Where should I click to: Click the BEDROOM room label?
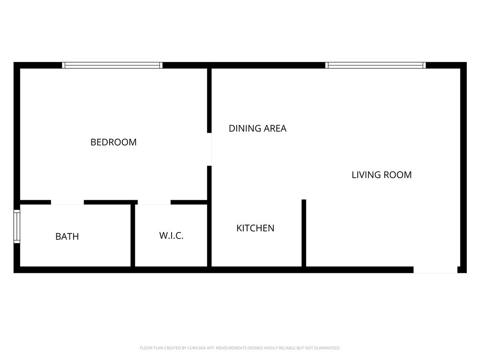coord(113,142)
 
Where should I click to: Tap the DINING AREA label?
coord(257,128)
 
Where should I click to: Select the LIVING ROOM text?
coord(382,175)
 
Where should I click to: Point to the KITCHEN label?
coord(255,228)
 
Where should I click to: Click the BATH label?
coord(67,237)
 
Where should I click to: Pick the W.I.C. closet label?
coord(171,236)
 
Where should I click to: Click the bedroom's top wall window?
coord(112,66)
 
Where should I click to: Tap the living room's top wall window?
coord(376,66)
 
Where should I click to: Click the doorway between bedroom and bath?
coord(67,202)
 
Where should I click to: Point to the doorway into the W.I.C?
coord(154,202)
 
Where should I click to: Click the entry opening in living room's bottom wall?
coord(435,270)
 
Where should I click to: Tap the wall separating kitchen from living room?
coord(304,233)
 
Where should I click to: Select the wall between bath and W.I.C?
coord(133,235)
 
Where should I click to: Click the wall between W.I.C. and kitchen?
coord(209,234)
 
